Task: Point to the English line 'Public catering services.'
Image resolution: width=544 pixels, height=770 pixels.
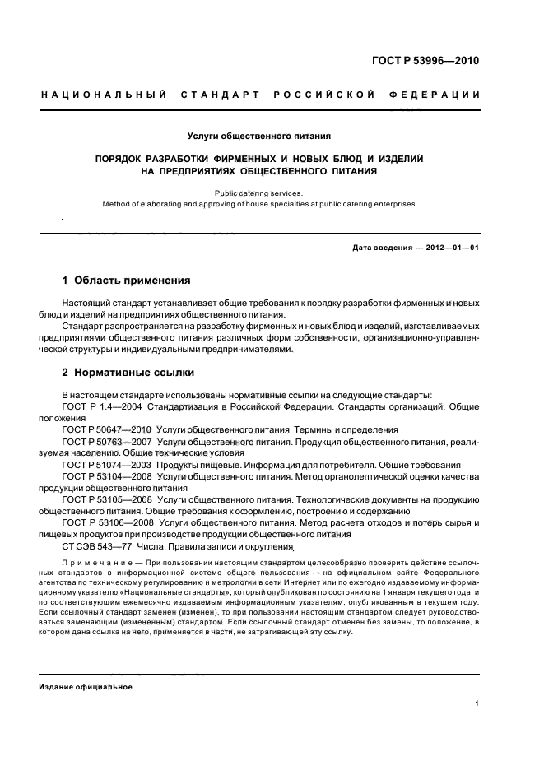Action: pyautogui.click(x=259, y=192)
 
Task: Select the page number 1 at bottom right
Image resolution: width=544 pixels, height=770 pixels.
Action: pyautogui.click(x=478, y=703)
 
